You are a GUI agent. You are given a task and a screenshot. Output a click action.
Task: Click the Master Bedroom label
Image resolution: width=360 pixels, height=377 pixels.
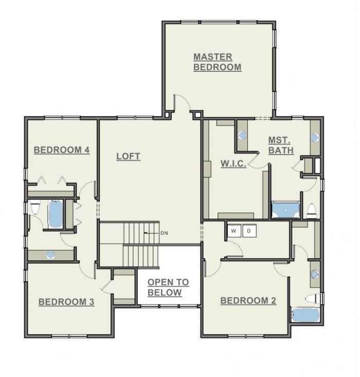coord(217,62)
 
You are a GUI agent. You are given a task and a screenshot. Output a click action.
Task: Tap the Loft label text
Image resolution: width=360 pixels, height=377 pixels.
coord(128,156)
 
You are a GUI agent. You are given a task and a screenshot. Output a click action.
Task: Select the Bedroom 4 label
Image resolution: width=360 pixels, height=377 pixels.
coord(62,150)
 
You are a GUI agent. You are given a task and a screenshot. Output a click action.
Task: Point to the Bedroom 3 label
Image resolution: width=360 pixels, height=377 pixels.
coord(66,302)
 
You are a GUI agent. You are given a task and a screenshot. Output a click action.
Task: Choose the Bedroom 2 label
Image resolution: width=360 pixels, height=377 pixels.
coord(248,300)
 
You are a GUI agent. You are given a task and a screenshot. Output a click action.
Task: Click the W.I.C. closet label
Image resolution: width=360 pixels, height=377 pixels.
coord(233,163)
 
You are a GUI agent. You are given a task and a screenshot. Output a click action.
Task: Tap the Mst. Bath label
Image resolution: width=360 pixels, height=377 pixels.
coord(281,145)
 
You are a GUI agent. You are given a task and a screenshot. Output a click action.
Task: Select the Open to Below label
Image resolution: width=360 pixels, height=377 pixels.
coord(168,287)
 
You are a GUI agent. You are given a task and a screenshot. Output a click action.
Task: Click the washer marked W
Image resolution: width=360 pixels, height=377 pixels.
coord(234,231)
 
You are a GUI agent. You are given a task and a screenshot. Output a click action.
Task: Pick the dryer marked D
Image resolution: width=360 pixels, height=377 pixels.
coord(249,231)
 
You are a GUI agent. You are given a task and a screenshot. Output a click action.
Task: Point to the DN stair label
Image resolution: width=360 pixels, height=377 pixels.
coord(164,233)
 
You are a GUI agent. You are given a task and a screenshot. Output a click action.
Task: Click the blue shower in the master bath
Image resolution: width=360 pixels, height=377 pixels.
coord(285,210)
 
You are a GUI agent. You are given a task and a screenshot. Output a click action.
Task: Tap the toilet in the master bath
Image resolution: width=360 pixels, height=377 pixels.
coord(312,211)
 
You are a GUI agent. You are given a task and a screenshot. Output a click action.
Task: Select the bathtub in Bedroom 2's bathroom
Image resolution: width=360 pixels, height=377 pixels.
coord(305,315)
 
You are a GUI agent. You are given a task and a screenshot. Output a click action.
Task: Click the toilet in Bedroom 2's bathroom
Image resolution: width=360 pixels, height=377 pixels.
coord(313,299)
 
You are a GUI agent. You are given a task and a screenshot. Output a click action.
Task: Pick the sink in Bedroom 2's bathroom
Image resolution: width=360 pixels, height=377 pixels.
coord(315,274)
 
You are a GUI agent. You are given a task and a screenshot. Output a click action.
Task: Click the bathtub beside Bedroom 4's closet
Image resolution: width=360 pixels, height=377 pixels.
coord(56,214)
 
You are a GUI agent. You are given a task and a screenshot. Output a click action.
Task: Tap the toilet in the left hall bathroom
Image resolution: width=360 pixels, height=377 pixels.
coord(35,207)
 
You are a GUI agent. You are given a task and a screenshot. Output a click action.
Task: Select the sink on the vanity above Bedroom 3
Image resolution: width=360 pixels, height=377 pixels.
coord(50,255)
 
